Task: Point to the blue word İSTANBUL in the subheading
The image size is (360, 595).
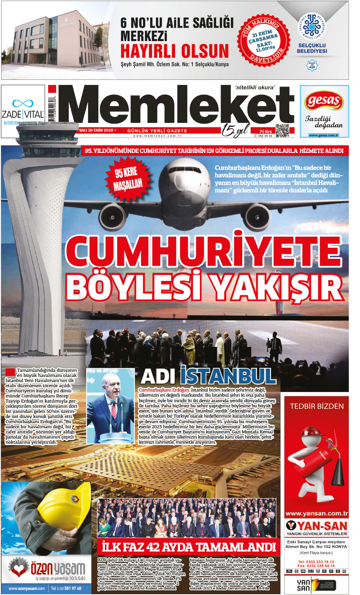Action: pyautogui.click(x=228, y=376)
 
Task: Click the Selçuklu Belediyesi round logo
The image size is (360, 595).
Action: pyautogui.click(x=312, y=28)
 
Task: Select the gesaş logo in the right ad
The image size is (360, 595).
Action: pyautogui.click(x=324, y=102)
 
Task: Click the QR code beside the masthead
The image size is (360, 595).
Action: pyautogui.click(x=282, y=131)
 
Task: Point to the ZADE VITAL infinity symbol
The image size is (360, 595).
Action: pyautogui.click(x=23, y=104)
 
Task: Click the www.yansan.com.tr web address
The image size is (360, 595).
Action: pyautogui.click(x=317, y=514)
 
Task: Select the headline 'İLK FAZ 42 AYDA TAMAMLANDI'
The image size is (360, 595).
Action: pyautogui.click(x=188, y=547)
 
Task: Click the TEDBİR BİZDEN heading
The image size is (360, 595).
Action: pyautogui.click(x=317, y=406)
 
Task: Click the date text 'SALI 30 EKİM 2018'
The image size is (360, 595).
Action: pyautogui.click(x=96, y=130)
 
